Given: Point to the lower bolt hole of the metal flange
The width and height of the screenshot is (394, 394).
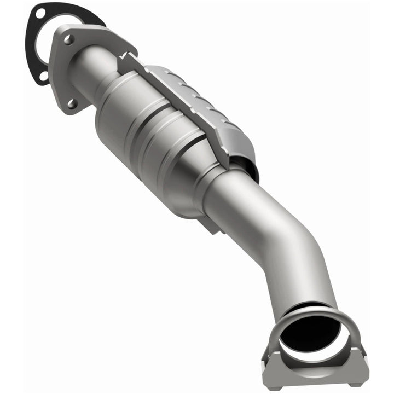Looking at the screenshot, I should click(x=71, y=102).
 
